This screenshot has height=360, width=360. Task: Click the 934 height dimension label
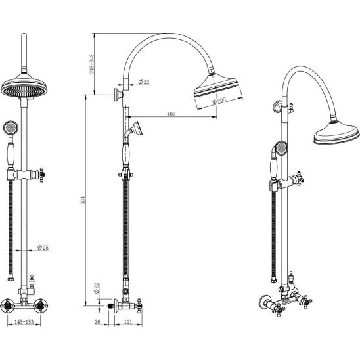(83, 200)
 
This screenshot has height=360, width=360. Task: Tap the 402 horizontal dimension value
(171, 114)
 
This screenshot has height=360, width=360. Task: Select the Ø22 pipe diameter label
(144, 82)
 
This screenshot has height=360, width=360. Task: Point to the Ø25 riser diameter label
(43, 248)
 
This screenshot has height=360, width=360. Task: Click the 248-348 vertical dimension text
(91, 64)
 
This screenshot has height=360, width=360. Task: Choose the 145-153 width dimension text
(24, 322)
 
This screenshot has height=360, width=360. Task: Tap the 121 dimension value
(128, 322)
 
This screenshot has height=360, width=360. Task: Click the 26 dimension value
(97, 322)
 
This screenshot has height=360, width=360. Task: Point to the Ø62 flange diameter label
(97, 288)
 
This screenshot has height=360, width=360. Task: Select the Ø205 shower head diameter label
(219, 101)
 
